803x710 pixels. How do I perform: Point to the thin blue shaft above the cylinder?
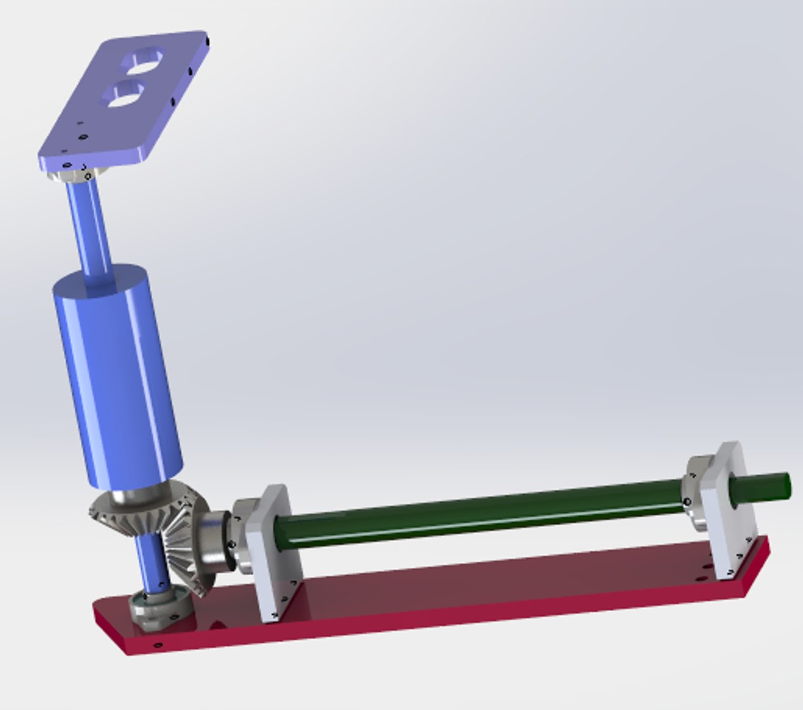(x=90, y=224)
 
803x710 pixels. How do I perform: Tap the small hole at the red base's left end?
(x=157, y=645)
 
